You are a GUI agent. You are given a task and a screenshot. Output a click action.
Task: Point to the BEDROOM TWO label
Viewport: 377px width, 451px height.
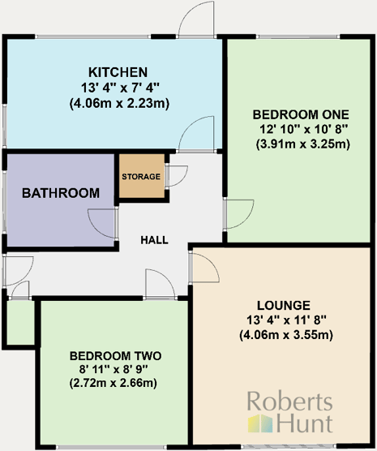pyautogui.click(x=115, y=356)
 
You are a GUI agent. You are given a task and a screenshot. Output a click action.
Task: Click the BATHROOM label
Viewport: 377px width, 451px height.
pyautogui.click(x=61, y=193)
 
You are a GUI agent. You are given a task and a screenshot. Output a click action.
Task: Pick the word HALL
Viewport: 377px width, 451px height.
pyautogui.click(x=154, y=240)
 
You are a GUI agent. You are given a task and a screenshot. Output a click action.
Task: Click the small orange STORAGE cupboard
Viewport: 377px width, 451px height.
pyautogui.click(x=141, y=176)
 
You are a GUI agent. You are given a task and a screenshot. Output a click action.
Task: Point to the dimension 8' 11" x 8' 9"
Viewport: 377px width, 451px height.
pyautogui.click(x=115, y=370)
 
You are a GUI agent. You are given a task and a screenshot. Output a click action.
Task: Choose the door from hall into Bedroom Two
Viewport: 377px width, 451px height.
pyautogui.click(x=159, y=284)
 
